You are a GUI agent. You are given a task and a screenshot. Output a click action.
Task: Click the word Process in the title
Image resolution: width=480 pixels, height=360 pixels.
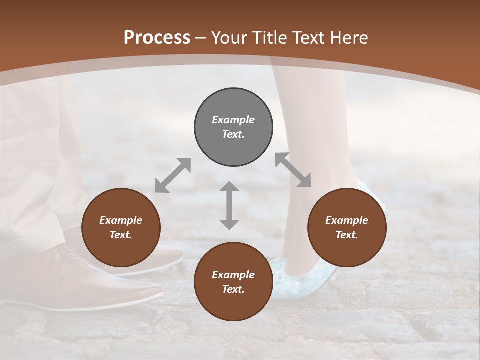(x=157, y=37)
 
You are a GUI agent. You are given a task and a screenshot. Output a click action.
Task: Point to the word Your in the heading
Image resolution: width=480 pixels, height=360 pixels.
(x=228, y=37)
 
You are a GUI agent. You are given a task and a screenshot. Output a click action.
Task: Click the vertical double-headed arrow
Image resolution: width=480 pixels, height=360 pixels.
(x=229, y=205)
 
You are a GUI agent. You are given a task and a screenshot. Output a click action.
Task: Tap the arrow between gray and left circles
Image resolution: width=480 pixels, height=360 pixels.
(x=173, y=175)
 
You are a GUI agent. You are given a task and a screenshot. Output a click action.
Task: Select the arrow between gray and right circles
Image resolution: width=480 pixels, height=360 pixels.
(x=293, y=170)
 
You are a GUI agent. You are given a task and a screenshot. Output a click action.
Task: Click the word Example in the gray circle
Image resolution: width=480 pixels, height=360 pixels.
(x=233, y=120)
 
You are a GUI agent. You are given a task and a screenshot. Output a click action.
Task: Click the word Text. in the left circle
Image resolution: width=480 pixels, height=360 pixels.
(x=121, y=235)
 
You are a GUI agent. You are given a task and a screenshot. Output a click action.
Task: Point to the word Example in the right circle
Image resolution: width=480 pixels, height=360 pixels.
(x=347, y=220)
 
